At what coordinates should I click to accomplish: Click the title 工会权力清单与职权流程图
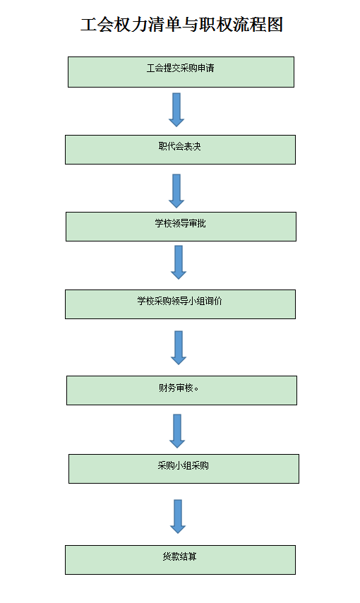(181, 25)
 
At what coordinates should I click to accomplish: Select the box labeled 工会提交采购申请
(181, 72)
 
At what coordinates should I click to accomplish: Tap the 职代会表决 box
(180, 150)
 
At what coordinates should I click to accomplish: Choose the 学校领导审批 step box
(181, 227)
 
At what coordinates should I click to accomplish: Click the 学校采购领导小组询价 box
(180, 304)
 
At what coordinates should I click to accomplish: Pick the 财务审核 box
(181, 390)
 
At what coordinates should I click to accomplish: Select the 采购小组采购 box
(184, 469)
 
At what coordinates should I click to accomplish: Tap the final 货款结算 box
(180, 559)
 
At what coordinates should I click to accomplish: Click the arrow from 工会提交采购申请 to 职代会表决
(176, 109)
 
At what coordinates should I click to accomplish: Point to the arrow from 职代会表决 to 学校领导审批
(176, 191)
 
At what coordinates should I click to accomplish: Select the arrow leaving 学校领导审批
(179, 262)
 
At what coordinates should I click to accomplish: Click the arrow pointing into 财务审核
(179, 347)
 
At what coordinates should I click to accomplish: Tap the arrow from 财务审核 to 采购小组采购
(177, 431)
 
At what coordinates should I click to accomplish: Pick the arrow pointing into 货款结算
(178, 516)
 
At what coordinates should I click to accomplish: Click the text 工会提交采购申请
(181, 68)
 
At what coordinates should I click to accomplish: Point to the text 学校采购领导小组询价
(179, 301)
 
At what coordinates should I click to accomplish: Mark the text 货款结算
(179, 556)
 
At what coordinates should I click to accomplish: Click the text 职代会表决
(179, 146)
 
